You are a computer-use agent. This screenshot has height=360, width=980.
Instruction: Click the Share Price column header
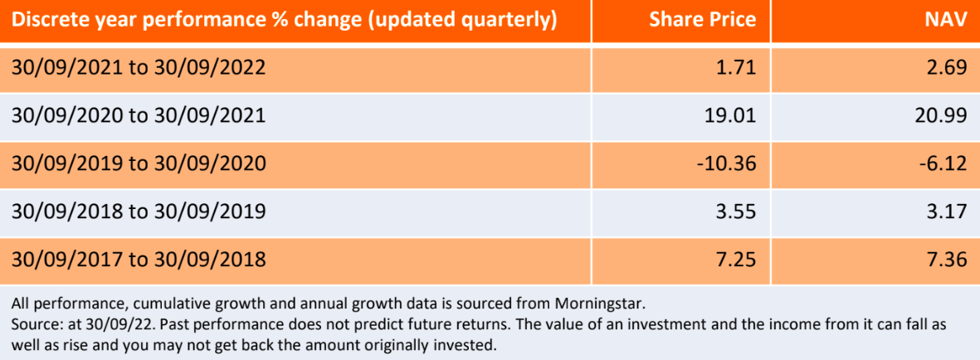coord(703,20)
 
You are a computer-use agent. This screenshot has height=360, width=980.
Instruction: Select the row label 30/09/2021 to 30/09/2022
coord(139,67)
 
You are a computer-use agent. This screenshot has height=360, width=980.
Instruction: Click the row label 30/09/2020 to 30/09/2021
coord(139,115)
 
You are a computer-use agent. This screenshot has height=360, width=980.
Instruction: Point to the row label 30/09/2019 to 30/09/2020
coord(139,163)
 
